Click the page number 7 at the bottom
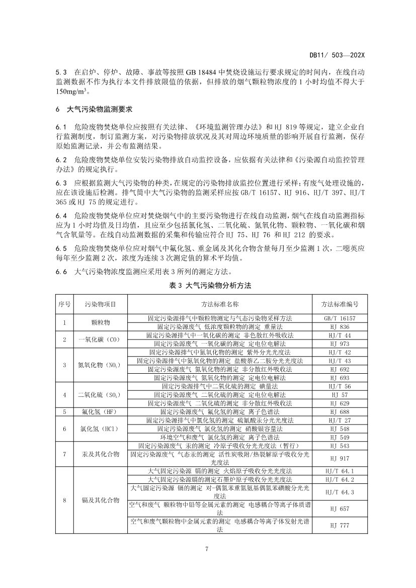pyautogui.click(x=208, y=548)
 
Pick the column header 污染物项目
pyautogui.click(x=101, y=304)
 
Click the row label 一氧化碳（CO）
pyautogui.click(x=101, y=340)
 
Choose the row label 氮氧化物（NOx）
pyautogui.click(x=101, y=365)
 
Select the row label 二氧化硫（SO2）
pyautogui.click(x=101, y=395)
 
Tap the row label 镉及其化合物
pyautogui.click(x=101, y=500)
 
